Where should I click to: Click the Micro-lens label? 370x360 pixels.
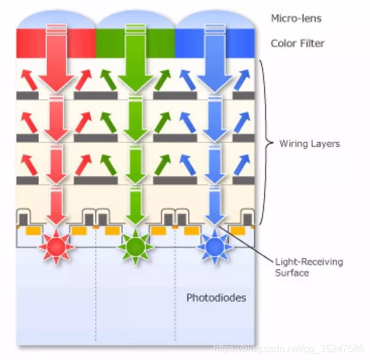point(296,18)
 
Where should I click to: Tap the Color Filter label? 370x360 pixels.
point(297,44)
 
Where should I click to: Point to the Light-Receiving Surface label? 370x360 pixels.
point(308,268)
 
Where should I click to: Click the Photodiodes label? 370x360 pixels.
point(216,298)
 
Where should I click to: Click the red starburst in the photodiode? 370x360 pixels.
point(56,246)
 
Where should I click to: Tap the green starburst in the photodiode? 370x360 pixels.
point(136,246)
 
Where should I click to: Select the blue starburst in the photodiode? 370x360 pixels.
point(214,246)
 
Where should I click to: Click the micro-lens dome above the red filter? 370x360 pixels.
point(56,20)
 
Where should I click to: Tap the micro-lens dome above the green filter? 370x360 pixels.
point(136,20)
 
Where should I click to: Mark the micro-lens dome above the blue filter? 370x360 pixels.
point(215,20)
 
